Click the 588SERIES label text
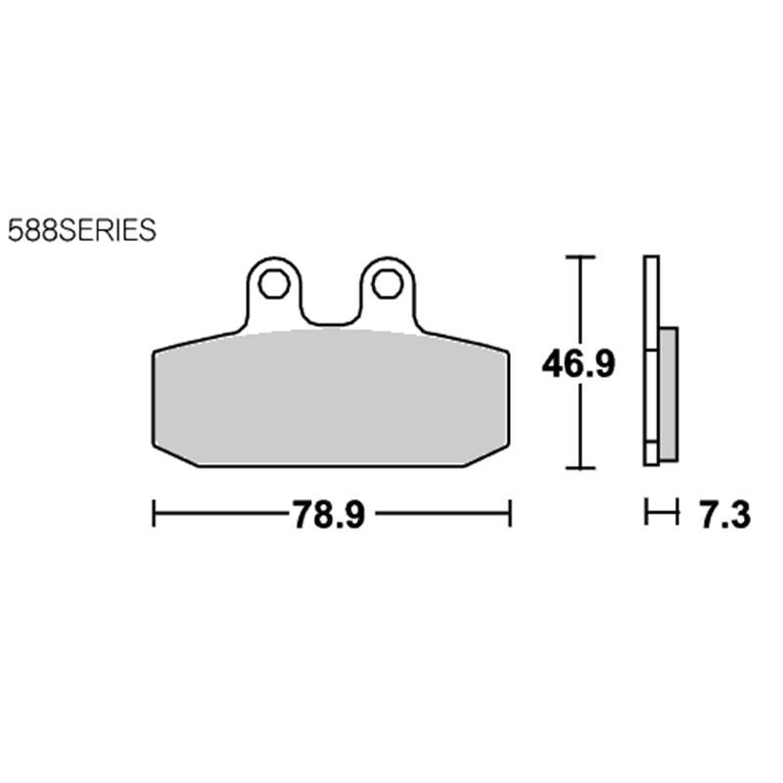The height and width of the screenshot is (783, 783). click(x=82, y=230)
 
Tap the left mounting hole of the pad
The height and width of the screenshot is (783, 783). click(x=274, y=284)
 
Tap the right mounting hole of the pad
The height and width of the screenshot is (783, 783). click(x=387, y=284)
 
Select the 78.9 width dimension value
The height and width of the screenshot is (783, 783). click(x=329, y=515)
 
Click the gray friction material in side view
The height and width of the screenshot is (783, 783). click(x=668, y=394)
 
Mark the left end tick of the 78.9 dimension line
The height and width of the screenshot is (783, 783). click(x=154, y=513)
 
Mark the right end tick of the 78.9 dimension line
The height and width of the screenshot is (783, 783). click(x=509, y=513)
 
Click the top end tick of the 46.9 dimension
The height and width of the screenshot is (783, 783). click(x=580, y=256)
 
